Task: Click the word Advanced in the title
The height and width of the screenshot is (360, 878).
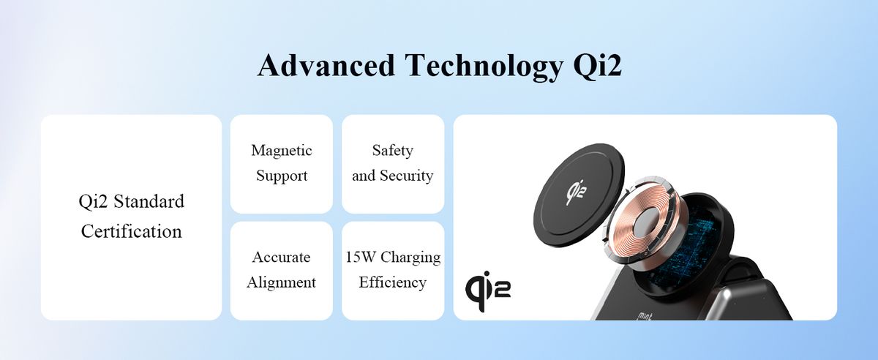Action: click(x=326, y=65)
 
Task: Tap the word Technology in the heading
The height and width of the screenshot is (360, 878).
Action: click(x=484, y=67)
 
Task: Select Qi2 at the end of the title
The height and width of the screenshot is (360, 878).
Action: click(x=597, y=67)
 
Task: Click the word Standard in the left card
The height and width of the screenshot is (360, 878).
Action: click(x=149, y=201)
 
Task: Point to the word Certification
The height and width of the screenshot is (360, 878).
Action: click(x=131, y=231)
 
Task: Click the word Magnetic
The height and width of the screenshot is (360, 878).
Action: click(x=282, y=150)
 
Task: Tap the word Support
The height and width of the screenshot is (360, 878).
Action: click(x=282, y=176)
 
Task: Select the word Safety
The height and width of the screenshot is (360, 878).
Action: click(x=392, y=151)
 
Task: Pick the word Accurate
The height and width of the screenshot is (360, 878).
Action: click(x=281, y=258)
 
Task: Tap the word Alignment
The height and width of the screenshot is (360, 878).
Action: click(x=281, y=283)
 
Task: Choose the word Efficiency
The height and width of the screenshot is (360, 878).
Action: click(x=392, y=282)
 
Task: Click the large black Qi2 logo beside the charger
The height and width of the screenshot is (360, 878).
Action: click(x=487, y=290)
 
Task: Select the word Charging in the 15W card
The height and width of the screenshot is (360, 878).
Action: click(x=410, y=258)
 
